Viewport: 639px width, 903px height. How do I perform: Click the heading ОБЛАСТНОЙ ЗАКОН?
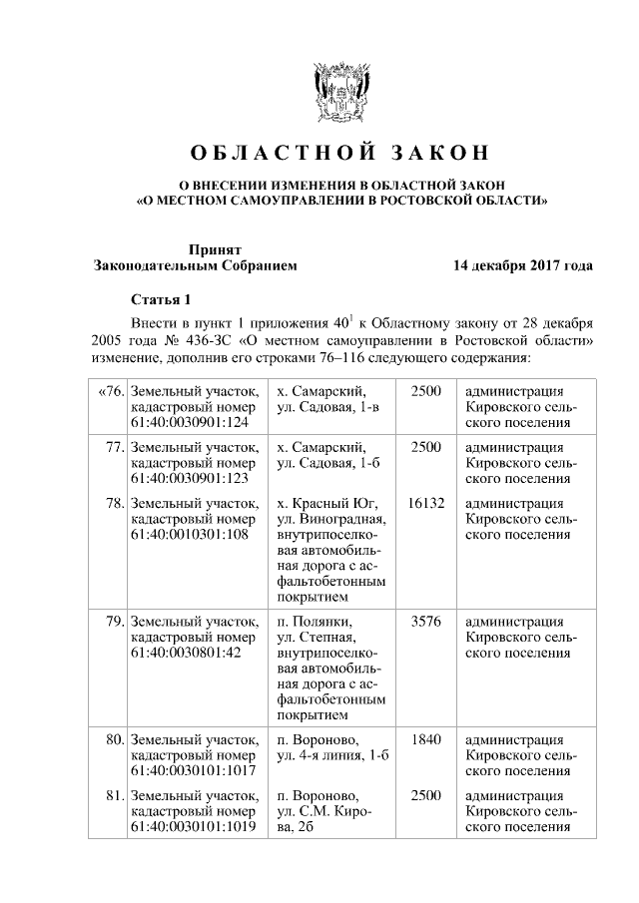click(340, 154)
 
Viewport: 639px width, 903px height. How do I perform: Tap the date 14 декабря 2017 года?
click(522, 266)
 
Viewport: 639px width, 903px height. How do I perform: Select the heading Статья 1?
click(160, 299)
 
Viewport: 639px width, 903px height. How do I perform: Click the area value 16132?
click(426, 504)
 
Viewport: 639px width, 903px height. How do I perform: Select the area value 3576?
click(426, 621)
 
